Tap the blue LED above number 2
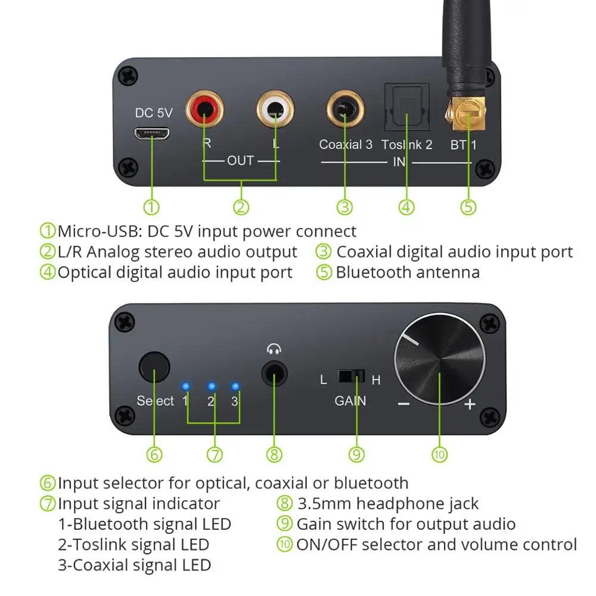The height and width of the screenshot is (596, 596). [211, 386]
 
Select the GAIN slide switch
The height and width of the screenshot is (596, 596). [350, 377]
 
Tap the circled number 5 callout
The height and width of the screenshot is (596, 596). [468, 207]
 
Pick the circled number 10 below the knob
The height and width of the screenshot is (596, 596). [439, 455]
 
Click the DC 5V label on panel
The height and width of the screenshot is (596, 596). [153, 113]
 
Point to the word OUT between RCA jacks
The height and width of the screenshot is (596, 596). [240, 160]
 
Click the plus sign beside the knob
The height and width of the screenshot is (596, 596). [470, 405]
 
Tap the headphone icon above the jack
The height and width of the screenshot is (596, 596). [274, 350]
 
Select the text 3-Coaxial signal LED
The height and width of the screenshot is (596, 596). [134, 564]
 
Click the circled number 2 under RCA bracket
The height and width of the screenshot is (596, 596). [240, 207]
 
